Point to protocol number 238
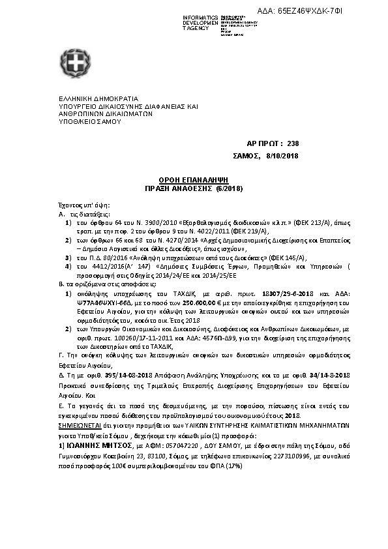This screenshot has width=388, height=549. pos(293,144)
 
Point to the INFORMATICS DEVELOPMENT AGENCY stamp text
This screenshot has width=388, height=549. pos(200,23)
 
